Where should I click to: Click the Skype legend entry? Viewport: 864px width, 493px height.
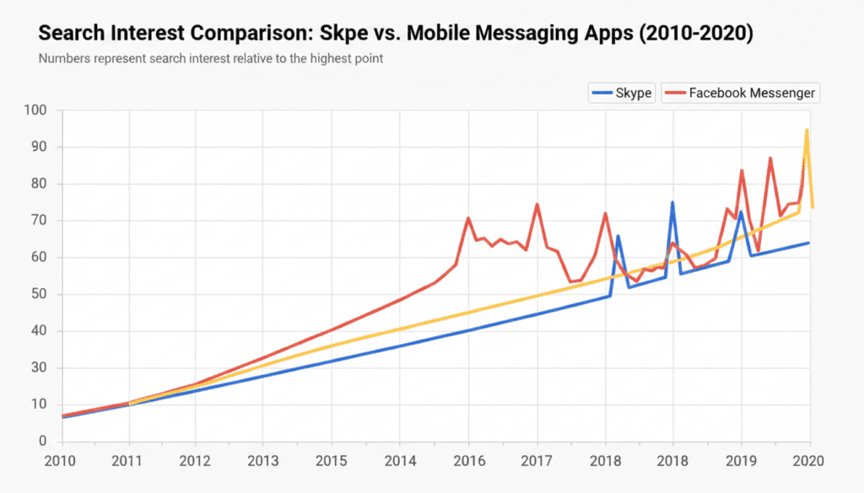tap(622, 93)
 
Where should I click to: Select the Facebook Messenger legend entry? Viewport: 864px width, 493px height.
tap(741, 93)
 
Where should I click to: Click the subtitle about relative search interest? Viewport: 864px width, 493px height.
tap(211, 60)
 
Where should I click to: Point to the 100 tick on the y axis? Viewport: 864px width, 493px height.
tap(36, 110)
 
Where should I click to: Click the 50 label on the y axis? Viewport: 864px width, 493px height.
tap(40, 294)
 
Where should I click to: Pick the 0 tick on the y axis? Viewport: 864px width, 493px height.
tap(43, 442)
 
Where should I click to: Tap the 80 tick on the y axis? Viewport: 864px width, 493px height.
tap(40, 184)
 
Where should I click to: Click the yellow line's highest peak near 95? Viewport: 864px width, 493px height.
tap(807, 131)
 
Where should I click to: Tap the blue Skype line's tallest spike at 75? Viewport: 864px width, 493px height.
tap(672, 202)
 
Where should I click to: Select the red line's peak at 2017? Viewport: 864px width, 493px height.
tap(537, 205)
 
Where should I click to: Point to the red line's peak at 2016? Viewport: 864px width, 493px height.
tap(468, 218)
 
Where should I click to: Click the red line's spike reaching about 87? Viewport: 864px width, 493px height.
tap(770, 158)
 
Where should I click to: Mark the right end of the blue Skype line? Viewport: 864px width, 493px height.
tap(809, 243)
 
